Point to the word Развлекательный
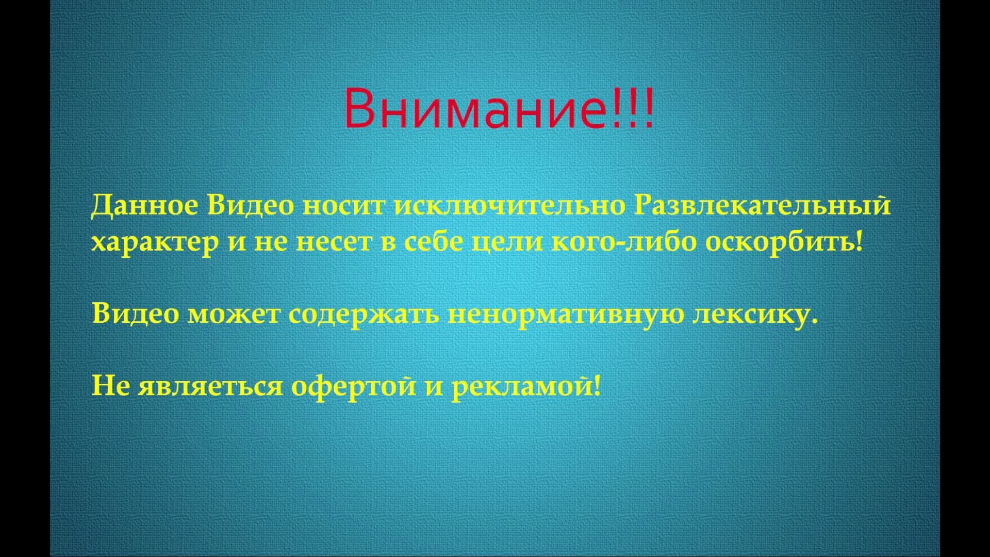pos(762,205)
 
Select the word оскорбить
pos(782,241)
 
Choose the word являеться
pos(210,386)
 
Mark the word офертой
pos(354,386)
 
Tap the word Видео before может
pos(136,314)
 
